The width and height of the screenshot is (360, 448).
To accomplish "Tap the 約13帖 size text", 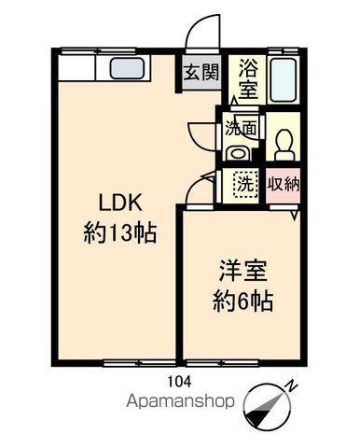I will [119, 232].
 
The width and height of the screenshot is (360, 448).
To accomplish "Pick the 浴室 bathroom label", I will [249, 78].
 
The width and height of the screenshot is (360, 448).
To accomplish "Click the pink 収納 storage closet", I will [283, 184].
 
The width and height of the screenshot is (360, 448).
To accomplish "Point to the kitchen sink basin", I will [126, 69].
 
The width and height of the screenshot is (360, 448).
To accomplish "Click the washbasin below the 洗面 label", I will [239, 152].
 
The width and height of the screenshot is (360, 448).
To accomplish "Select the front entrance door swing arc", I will [198, 35].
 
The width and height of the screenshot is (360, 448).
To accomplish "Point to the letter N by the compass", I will [292, 385].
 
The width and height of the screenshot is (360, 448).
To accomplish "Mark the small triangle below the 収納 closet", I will [293, 216].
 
